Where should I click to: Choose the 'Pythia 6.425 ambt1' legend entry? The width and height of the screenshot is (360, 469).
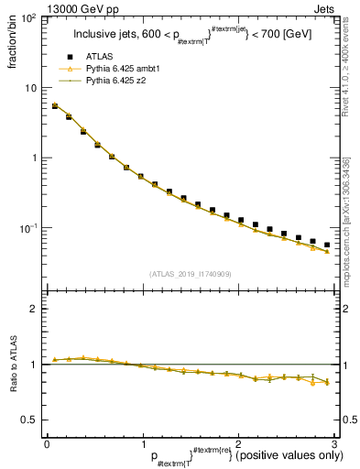pyautogui.click(x=123, y=70)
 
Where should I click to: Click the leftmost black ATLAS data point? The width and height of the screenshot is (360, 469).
pyautogui.click(x=54, y=106)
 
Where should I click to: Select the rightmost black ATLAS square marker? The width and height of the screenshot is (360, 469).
pyautogui.click(x=327, y=245)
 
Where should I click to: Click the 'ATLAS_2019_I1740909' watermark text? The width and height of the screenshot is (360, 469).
pyautogui.click(x=190, y=275)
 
